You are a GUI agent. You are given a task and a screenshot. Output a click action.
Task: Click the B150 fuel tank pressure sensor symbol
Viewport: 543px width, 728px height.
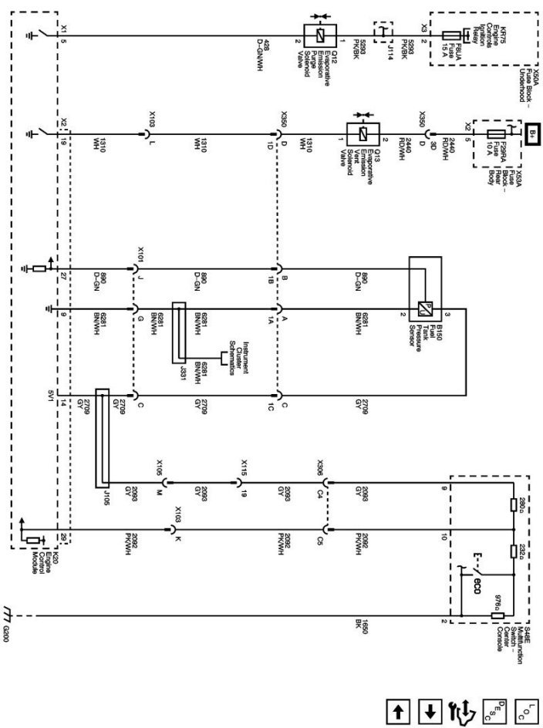point(423,306)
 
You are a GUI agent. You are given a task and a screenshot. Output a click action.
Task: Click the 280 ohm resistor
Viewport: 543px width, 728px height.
point(514,504)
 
